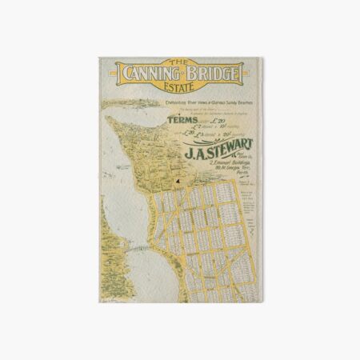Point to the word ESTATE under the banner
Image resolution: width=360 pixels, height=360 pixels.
tap(181, 86)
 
